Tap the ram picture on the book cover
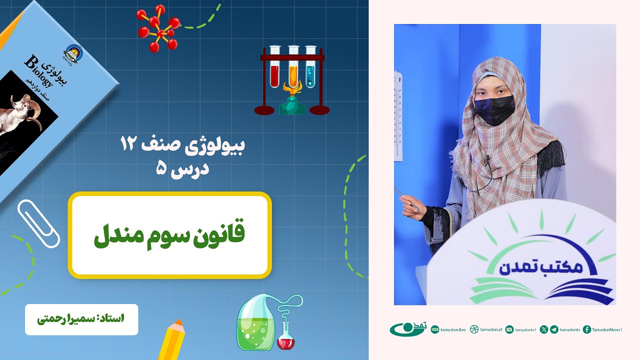22,112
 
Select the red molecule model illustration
158,28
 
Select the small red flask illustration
285,340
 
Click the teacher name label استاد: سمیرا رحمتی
81,319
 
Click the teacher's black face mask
493,109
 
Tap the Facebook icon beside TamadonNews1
587,329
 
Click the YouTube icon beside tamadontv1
509,329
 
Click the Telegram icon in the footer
554,329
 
